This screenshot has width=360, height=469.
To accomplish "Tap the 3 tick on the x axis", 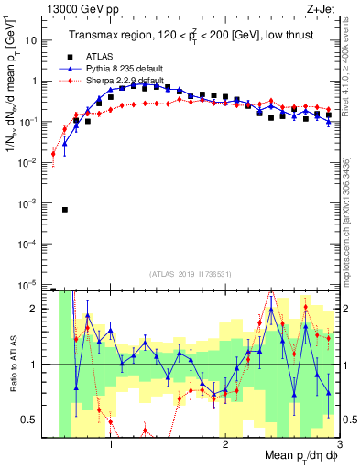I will [x=338, y=443].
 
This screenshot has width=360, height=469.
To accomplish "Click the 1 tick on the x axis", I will [x=111, y=443].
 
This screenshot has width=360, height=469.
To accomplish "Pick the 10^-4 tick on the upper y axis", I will [x=28, y=245].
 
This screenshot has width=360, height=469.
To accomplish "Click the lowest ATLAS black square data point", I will [x=64, y=210].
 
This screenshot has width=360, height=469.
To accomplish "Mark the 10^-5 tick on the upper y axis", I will [x=28, y=285].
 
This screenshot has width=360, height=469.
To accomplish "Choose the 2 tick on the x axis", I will [x=224, y=443].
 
